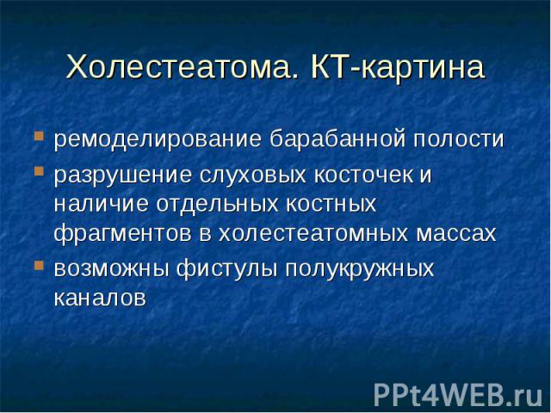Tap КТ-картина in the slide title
[398, 66]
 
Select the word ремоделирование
[158, 139]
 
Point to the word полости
[459, 139]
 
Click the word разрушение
[123, 176]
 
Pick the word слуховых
[253, 176]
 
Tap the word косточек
[363, 176]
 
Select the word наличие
[102, 204]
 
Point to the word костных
[331, 204]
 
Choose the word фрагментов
[122, 233]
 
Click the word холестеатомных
[313, 233]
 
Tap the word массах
[456, 233]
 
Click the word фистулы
[226, 269]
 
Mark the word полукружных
[360, 269]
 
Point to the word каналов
[100, 299]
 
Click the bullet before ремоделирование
[39, 136]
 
